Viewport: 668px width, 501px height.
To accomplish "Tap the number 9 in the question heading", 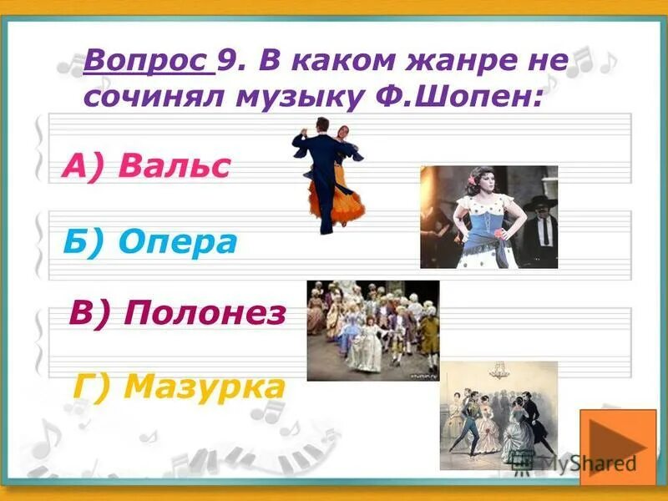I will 225,61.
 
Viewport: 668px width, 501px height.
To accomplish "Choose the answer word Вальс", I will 174,166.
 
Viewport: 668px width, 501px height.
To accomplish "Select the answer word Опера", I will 178,241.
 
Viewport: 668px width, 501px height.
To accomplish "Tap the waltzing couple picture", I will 329,175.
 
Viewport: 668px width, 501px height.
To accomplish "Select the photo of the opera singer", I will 488,216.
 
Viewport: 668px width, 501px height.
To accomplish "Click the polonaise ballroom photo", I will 372,331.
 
